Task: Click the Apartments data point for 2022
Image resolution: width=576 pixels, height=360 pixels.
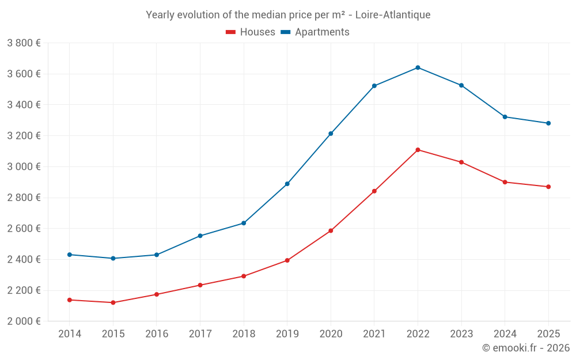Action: [418, 67]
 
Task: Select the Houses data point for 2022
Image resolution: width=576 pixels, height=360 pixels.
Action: [418, 150]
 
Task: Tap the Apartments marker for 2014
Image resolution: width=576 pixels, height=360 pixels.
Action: [70, 255]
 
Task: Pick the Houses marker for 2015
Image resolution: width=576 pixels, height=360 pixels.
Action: [113, 302]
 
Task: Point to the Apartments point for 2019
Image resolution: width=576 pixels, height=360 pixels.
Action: [287, 184]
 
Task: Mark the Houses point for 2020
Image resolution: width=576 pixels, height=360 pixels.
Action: [331, 230]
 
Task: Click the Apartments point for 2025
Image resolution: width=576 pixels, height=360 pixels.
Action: [548, 123]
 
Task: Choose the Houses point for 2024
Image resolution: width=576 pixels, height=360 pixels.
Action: [505, 182]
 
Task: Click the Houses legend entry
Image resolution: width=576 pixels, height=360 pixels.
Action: [251, 32]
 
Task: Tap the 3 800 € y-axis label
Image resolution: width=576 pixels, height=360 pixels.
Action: [24, 43]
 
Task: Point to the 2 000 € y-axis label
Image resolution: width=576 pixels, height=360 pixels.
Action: [24, 321]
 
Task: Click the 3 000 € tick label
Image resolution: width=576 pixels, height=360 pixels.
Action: [24, 166]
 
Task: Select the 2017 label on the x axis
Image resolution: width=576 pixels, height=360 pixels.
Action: [200, 334]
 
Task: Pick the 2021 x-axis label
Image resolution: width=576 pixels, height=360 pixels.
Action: [374, 334]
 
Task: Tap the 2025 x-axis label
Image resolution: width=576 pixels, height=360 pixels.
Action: [548, 334]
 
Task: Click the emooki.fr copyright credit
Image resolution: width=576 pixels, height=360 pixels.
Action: [526, 348]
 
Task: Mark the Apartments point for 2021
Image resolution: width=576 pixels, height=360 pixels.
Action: [374, 86]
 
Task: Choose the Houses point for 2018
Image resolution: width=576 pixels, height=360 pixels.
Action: [244, 276]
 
